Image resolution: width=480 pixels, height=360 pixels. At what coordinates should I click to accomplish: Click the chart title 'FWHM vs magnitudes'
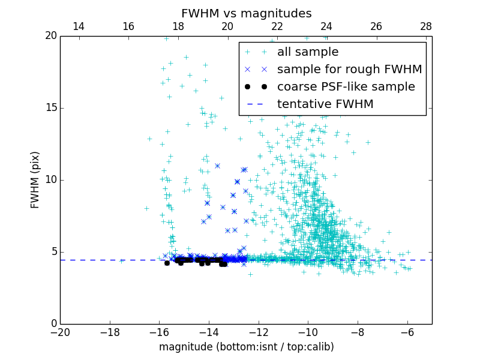point(246,13)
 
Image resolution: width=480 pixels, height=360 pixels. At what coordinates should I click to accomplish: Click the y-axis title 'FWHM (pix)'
point(35,180)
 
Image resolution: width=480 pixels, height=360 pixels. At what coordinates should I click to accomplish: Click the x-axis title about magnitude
point(246,347)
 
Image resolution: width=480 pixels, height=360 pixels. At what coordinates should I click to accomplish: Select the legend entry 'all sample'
point(308,52)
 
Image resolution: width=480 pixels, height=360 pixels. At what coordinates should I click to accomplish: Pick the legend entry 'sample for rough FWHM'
point(349,70)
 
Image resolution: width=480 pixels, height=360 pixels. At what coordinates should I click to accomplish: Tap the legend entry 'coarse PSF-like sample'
point(346,87)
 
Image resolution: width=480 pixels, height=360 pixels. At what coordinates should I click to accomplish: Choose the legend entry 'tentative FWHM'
point(325,104)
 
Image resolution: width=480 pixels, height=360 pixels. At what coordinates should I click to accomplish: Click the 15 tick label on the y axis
point(50,108)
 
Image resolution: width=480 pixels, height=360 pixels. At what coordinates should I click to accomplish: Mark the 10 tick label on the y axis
point(50,180)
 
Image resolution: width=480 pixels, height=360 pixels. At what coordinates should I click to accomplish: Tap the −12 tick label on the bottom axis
point(258,332)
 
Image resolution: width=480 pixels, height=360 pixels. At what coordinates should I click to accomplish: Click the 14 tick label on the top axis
point(78,26)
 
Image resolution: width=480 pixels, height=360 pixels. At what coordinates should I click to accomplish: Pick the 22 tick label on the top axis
point(277,26)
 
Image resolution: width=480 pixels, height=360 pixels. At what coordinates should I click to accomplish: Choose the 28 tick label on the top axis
point(425,26)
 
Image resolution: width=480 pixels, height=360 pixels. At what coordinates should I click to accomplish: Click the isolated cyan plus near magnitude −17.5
point(121,261)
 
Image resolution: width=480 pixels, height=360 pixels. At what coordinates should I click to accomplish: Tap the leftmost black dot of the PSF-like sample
point(167,263)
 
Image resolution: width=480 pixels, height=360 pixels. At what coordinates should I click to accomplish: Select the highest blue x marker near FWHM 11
point(217,166)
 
